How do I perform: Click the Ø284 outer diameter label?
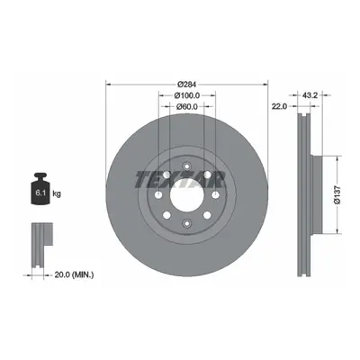coord(186,85)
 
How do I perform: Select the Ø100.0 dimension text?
coord(187,95)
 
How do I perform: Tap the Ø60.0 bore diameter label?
coord(187,106)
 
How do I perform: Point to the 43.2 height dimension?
coord(310,95)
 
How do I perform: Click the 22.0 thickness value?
coord(280,106)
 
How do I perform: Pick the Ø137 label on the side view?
coord(337,195)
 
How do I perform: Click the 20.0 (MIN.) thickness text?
coord(74,274)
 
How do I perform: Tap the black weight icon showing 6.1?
coord(40,189)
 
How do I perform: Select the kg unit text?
coord(57,193)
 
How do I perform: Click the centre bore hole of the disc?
coord(187,195)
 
